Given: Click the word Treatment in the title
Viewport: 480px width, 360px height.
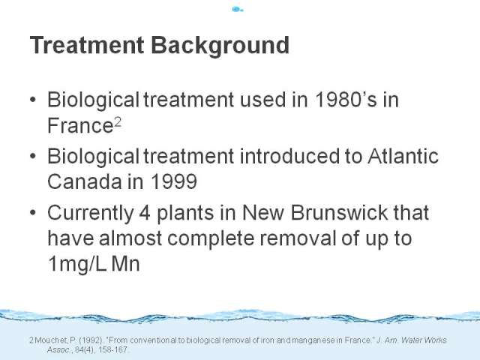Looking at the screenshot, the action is pyautogui.click(x=87, y=45).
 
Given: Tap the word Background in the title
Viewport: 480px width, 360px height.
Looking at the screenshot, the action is pyautogui.click(x=220, y=46).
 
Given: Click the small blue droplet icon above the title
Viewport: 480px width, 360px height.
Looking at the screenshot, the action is pyautogui.click(x=238, y=10).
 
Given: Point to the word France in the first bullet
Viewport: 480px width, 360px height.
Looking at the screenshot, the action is pyautogui.click(x=80, y=125).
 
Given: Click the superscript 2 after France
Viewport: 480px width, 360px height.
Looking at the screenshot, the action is pyautogui.click(x=118, y=122).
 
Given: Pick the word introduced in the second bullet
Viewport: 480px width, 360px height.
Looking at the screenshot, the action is pyautogui.click(x=289, y=155).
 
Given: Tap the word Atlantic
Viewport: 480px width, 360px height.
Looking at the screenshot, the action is pyautogui.click(x=403, y=155).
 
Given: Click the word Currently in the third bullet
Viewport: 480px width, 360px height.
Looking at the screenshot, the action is pyautogui.click(x=91, y=213).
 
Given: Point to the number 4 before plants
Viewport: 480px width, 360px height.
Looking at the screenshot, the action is pyautogui.click(x=145, y=213).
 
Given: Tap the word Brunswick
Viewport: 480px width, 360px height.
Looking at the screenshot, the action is pyautogui.click(x=339, y=211).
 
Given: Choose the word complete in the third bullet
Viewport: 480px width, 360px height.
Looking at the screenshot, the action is pyautogui.click(x=211, y=238).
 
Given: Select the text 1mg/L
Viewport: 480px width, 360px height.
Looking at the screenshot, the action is pyautogui.click(x=77, y=264).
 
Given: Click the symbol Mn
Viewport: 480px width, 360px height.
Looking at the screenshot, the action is pyautogui.click(x=126, y=264).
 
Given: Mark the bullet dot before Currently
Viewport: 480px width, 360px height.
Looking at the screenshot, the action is pyautogui.click(x=33, y=212).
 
